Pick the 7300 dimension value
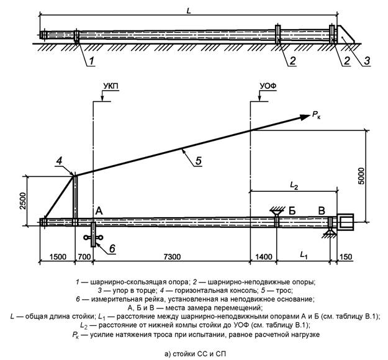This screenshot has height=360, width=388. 171,255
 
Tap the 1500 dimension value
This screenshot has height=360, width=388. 56,255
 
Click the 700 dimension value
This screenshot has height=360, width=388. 83,255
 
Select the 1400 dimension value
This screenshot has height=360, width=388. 264,255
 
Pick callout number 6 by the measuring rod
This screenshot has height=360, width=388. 112,248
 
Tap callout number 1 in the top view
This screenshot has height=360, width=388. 91,60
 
